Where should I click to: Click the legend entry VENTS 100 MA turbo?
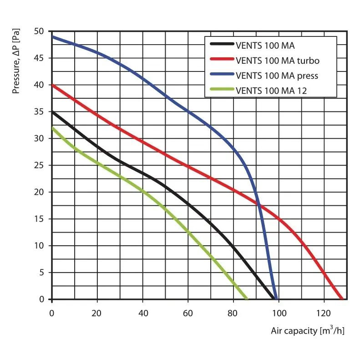(x=278, y=61)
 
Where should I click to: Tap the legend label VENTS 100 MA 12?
(x=271, y=91)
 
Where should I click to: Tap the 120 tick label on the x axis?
(x=324, y=313)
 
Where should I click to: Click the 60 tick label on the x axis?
(x=188, y=313)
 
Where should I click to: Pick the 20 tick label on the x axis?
(x=97, y=313)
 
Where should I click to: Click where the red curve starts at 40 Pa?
(x=52, y=85)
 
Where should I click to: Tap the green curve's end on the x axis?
(x=247, y=299)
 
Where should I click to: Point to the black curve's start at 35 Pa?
(x=52, y=112)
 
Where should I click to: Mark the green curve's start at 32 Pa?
(x=52, y=128)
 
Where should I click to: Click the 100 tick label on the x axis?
(x=279, y=313)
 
